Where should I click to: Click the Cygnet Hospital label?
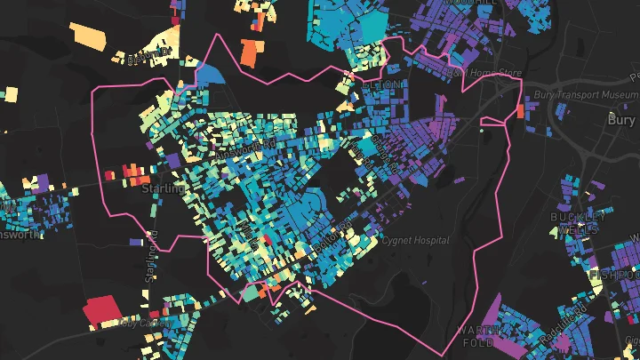[x=416, y=240]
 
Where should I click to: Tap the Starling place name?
[x=163, y=188]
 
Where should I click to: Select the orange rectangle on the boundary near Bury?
[x=519, y=111]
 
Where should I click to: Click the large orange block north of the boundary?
[x=252, y=51]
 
